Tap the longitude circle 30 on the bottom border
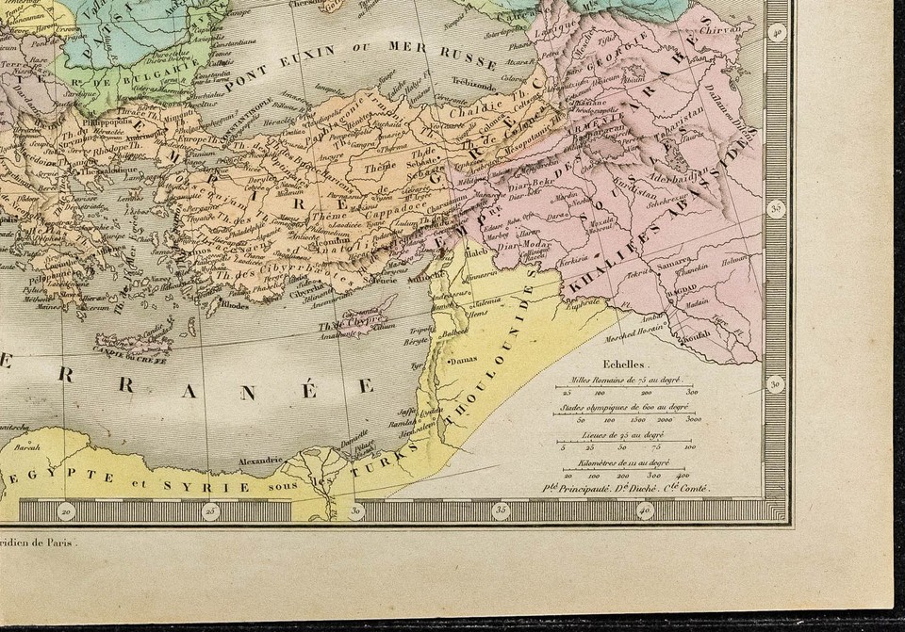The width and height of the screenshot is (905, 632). (x=357, y=511)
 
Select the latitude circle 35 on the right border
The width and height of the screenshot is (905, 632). (x=777, y=208)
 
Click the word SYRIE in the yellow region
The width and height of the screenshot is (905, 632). (x=219, y=486)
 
